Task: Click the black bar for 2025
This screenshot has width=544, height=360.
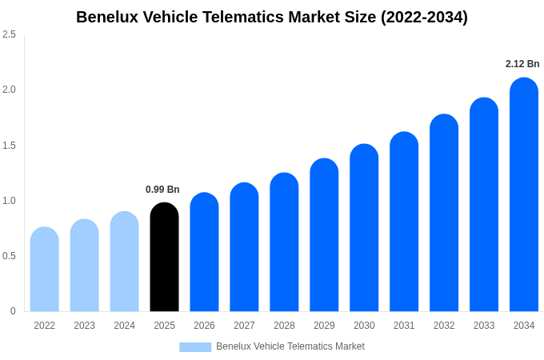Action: [164, 258]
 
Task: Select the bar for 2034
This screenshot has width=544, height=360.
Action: [524, 195]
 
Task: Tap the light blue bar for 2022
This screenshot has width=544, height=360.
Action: [45, 270]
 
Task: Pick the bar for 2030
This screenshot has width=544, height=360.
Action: [364, 228]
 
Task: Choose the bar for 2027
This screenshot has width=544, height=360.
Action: [244, 247]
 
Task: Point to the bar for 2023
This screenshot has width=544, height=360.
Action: [85, 266]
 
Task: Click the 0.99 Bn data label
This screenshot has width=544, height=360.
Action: [162, 190]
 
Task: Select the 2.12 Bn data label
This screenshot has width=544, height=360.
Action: [522, 64]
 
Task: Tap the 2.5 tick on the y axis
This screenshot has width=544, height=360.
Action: [9, 34]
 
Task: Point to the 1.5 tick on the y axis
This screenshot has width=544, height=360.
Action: [9, 146]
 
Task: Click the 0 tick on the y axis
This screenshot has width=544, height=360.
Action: [13, 311]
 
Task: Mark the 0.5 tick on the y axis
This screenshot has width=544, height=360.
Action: [9, 256]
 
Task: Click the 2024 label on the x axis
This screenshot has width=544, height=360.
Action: [124, 326]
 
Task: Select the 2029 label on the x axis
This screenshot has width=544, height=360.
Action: [324, 326]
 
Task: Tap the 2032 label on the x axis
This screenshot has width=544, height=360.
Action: [444, 326]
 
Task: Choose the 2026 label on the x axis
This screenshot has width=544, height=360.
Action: [204, 326]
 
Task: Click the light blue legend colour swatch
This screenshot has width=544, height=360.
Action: [195, 346]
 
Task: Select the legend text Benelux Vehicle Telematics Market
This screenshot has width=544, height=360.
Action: [290, 346]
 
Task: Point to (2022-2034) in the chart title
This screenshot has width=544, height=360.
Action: [424, 17]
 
